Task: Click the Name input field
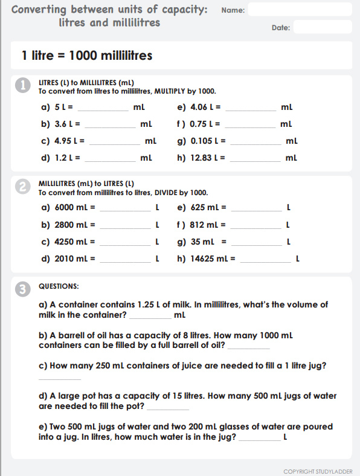(x=300, y=10)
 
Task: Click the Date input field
(x=322, y=27)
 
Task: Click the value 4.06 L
(x=202, y=108)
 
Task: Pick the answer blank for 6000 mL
(x=124, y=211)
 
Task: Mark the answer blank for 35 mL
(x=256, y=245)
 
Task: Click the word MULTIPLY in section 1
(x=172, y=91)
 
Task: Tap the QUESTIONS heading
(x=59, y=286)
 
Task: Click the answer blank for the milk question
(x=150, y=318)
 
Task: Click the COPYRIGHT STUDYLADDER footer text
(x=318, y=471)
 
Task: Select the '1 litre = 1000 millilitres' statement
(x=86, y=56)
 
